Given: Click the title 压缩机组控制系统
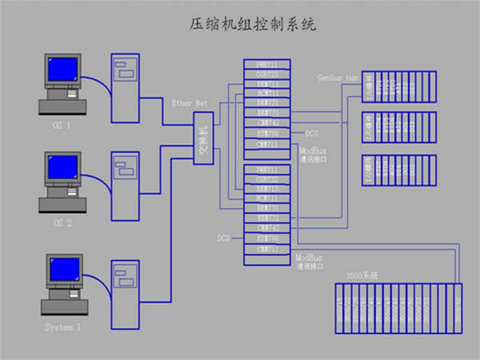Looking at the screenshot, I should (x=239, y=25).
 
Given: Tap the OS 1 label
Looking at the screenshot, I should (x=62, y=125).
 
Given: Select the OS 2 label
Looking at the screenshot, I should (x=62, y=223).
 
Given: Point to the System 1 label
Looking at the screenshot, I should (x=62, y=327).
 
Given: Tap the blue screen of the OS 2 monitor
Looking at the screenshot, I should (x=61, y=169).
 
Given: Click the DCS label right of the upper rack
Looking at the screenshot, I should (x=312, y=133).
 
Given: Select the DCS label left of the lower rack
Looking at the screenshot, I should (x=224, y=238).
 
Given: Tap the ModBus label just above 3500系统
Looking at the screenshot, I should (x=309, y=258).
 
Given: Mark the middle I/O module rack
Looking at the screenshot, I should (x=399, y=126).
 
